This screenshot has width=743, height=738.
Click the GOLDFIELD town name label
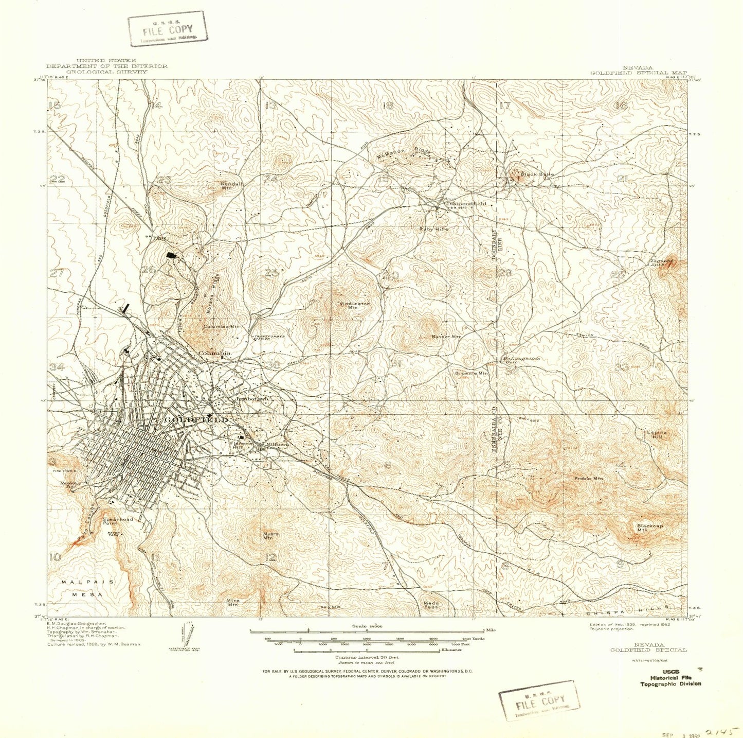[196, 420]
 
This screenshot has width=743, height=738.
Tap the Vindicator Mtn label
[354, 305]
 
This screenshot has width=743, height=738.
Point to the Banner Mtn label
[446, 337]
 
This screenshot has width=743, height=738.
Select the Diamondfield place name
[466, 204]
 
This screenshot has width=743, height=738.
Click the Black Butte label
[537, 174]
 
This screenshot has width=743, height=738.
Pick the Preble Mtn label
[589, 479]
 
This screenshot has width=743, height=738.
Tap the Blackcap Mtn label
[649, 528]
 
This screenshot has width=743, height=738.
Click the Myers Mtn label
[270, 536]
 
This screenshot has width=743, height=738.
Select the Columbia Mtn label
[221, 326]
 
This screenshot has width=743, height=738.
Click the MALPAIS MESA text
[87, 588]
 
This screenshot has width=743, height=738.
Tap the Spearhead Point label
[117, 521]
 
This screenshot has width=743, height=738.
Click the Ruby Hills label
[434, 229]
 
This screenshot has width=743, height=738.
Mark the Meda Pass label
[431, 605]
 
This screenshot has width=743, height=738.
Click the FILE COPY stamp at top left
[168, 29]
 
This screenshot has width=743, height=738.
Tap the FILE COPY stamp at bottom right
[539, 701]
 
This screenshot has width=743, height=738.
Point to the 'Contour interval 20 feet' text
[367, 657]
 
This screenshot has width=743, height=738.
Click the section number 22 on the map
[58, 179]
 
